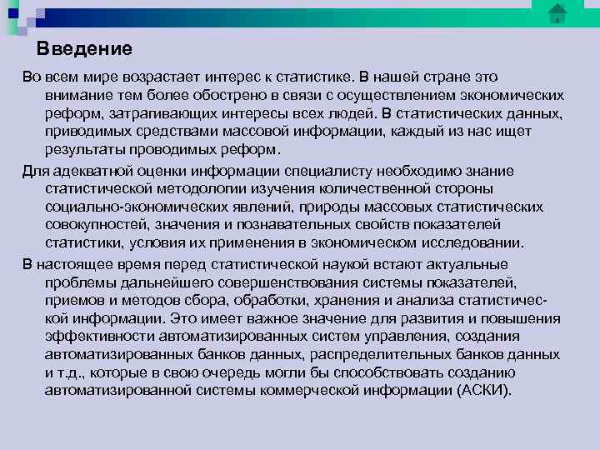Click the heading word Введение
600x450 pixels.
(84, 48)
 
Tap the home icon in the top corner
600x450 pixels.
(557, 13)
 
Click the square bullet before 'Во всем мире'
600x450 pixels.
(12, 76)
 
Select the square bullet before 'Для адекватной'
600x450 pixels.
(12, 171)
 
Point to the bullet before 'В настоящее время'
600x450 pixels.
(12, 264)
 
